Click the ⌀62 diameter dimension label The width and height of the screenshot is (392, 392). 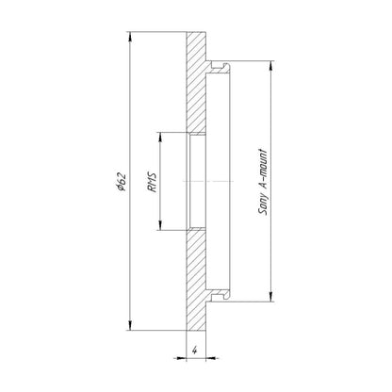pos(122,182)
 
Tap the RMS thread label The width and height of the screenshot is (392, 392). pos(152,182)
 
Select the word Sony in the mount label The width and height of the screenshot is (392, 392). pos(263,202)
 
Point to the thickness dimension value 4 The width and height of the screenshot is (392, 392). pos(195,350)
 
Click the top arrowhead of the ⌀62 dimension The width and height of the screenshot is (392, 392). pos(130,37)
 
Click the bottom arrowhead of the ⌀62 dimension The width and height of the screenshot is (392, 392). pos(130,325)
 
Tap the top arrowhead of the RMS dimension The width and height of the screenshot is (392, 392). pos(160,138)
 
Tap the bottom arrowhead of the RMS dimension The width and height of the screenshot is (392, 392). pos(160,225)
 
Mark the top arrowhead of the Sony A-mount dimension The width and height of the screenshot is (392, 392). pos(271,65)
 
